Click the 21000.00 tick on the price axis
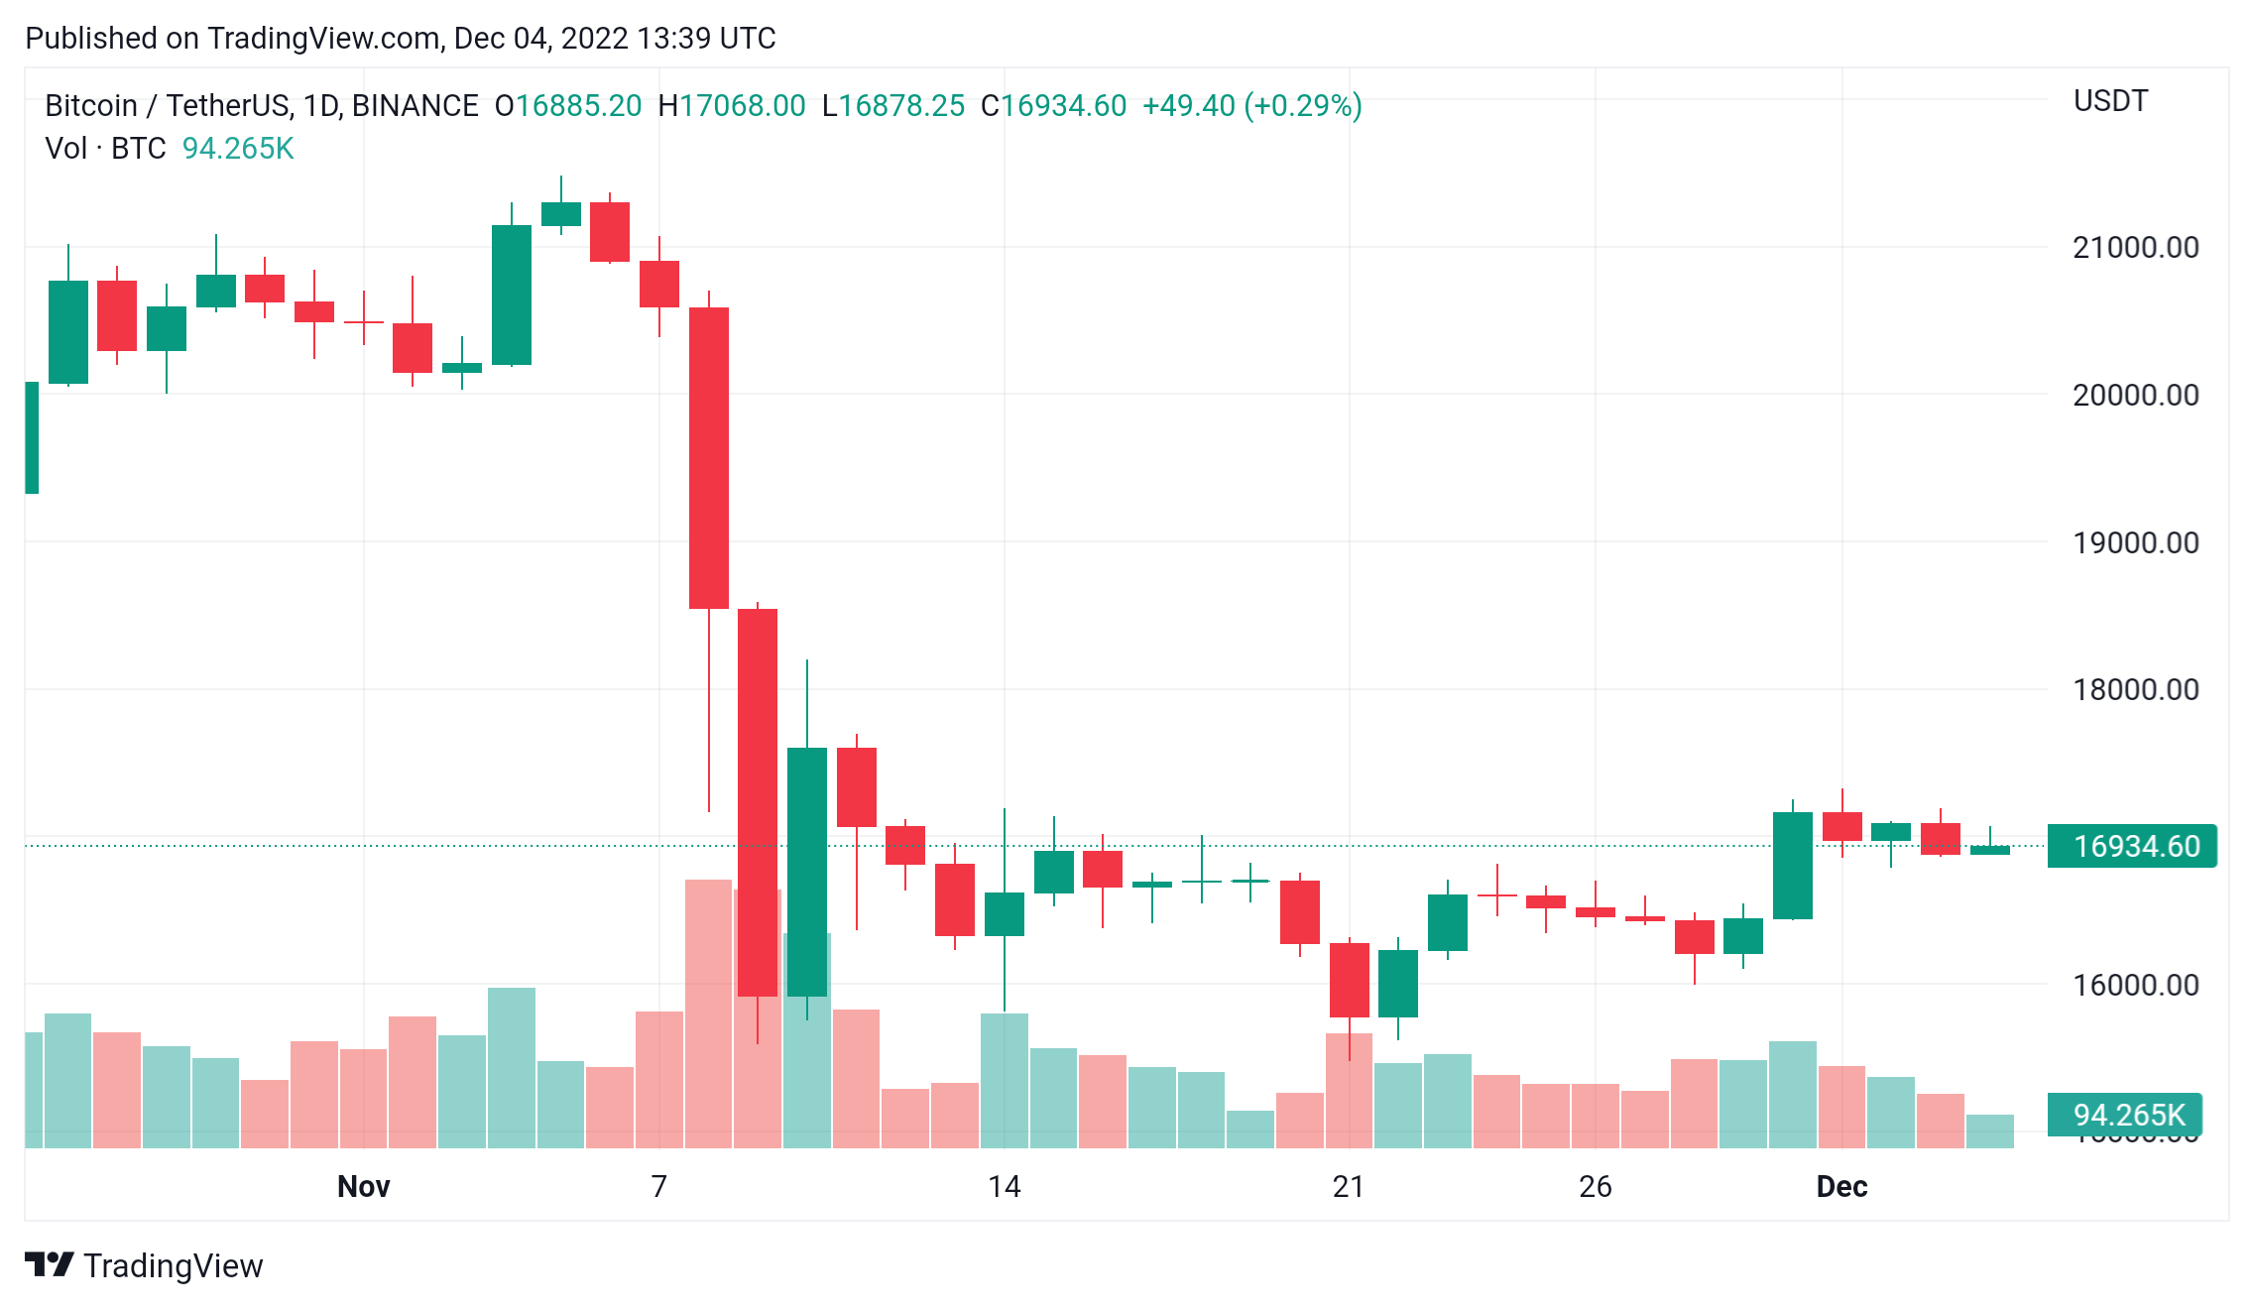pos(2135,247)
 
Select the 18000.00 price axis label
pos(2135,689)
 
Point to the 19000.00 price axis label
pos(2135,542)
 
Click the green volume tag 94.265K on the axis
pos(2126,1115)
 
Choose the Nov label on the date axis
pos(363,1186)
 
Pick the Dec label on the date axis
pos(1841,1186)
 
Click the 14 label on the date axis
pos(1004,1186)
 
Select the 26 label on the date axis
pos(1595,1186)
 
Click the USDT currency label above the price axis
pos(2110,101)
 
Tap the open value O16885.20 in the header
pos(568,106)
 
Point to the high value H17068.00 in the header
pos(732,106)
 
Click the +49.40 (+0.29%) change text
pos(1251,106)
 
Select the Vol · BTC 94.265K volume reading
pos(170,149)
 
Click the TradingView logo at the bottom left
pos(144,1265)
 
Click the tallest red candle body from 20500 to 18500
pos(709,457)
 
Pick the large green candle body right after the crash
pos(807,871)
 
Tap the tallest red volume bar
pos(708,1011)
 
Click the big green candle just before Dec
pos(1792,865)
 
